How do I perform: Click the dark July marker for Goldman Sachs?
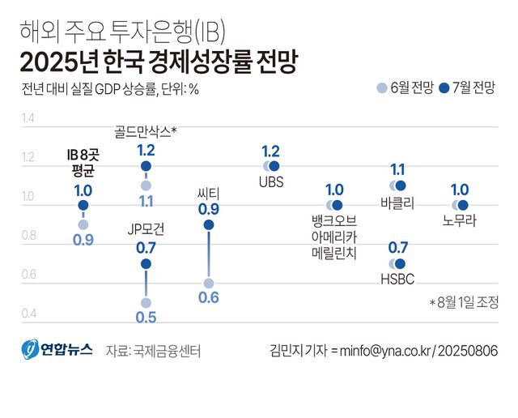(x=146, y=166)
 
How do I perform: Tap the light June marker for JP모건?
(x=146, y=302)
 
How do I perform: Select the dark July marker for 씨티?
(x=209, y=224)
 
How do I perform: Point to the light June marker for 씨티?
(x=209, y=283)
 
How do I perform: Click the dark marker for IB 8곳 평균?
(x=83, y=205)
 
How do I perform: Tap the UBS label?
(x=271, y=182)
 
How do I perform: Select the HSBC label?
(x=397, y=279)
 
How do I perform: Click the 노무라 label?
(x=459, y=220)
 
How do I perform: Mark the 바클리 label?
(x=397, y=202)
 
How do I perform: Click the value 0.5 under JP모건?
(x=146, y=318)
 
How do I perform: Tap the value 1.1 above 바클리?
(x=397, y=169)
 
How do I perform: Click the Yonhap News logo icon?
(x=30, y=350)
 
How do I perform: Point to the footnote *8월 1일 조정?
(x=463, y=302)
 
